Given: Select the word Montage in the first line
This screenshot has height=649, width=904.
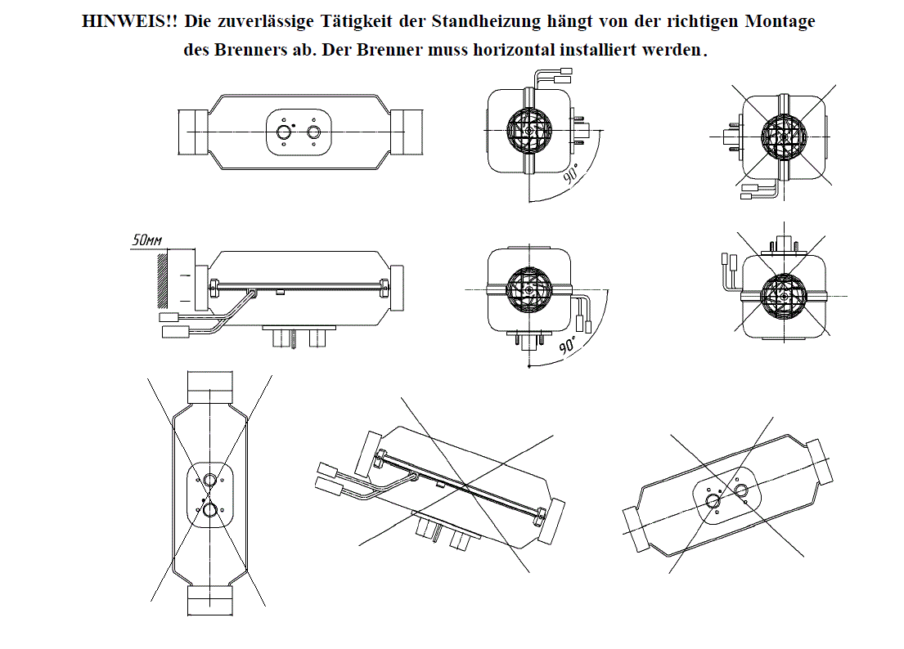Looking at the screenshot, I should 780,22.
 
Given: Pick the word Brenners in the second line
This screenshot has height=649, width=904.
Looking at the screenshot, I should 245,49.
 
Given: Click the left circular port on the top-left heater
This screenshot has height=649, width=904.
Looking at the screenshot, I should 284,132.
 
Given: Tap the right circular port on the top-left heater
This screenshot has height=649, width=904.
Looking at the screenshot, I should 314,132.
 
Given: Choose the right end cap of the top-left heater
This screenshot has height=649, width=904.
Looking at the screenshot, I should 407,132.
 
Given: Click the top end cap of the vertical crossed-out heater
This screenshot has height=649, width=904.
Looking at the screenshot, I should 209,383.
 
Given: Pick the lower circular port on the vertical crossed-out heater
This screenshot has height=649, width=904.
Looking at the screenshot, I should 210,510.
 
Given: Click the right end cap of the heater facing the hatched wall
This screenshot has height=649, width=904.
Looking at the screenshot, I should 397,289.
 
